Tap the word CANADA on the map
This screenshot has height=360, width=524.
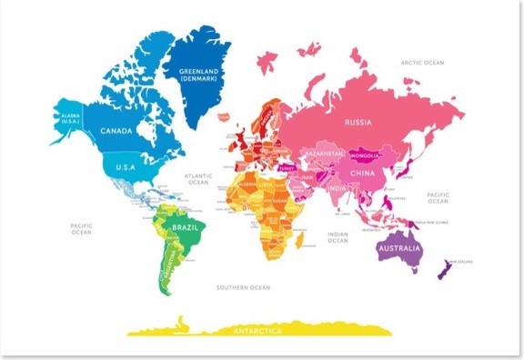(x=116, y=131)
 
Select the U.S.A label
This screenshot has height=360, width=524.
(x=125, y=166)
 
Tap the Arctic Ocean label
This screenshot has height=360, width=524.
(x=422, y=63)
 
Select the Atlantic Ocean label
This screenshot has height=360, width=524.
(x=197, y=178)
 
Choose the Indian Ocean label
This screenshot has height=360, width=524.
(x=337, y=238)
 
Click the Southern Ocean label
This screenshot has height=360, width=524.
(x=243, y=287)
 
